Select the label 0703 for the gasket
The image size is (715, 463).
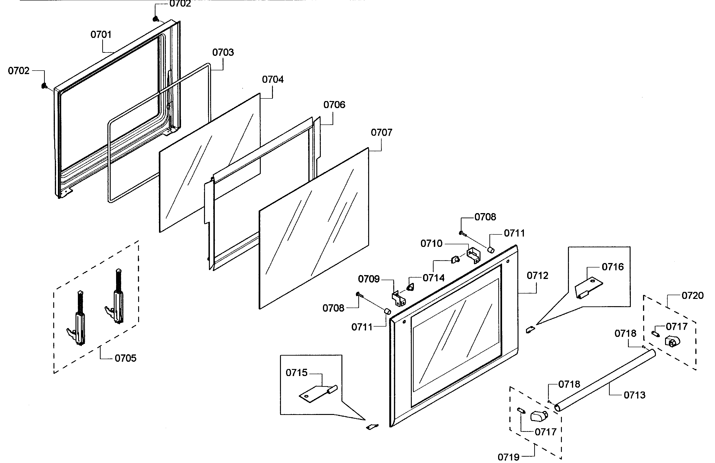pos(223,52)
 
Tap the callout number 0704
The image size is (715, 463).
pos(272,79)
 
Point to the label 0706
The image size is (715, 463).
pos(334,105)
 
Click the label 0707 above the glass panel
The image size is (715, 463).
pos(381,132)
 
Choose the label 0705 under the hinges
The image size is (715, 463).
pos(125,358)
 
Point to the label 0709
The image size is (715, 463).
pos(369,279)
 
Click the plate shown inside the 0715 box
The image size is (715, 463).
pos(314,393)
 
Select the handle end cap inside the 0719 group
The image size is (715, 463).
pos(539,416)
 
